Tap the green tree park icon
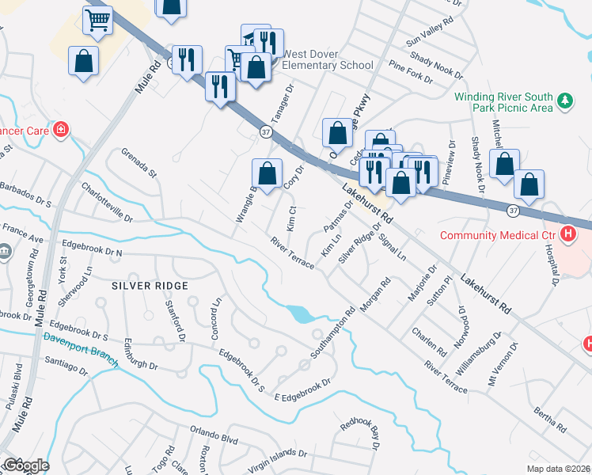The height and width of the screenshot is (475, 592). [x=565, y=101]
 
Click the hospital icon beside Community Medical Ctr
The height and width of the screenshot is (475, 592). [x=567, y=234]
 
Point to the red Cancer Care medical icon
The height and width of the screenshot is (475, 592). [x=60, y=131]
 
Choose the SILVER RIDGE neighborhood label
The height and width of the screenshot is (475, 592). [x=150, y=285]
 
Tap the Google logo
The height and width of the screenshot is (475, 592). [x=25, y=465]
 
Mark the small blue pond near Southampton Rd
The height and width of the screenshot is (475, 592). [x=302, y=314]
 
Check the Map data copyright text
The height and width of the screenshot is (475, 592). [x=558, y=469]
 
